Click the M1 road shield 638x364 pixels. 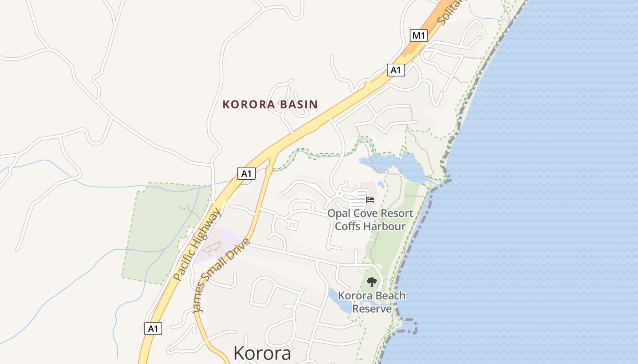[x=419, y=35]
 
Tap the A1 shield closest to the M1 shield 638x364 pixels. [x=396, y=70]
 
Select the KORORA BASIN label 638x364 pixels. [x=270, y=104]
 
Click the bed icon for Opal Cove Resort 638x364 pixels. [x=370, y=199]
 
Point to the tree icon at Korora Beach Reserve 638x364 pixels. [x=372, y=282]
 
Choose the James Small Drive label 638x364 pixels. [x=222, y=276]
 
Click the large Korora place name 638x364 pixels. [x=262, y=353]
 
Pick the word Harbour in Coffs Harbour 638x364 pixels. [x=384, y=226]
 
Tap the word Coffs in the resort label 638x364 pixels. [x=347, y=226]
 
